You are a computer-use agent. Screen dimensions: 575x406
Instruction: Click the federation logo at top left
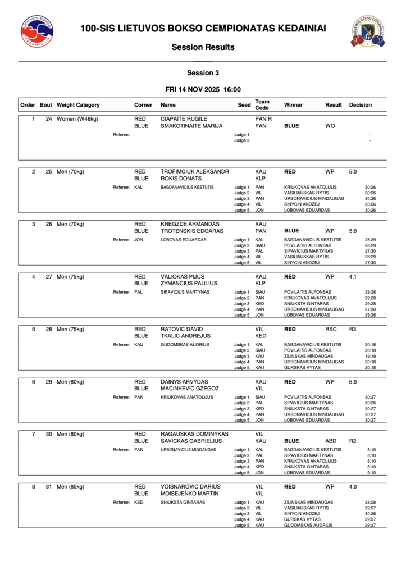(37, 31)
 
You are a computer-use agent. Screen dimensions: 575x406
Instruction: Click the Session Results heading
(203, 47)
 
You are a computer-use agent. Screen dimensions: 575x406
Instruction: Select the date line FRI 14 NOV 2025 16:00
(203, 89)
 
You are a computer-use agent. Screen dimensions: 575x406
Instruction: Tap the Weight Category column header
(78, 105)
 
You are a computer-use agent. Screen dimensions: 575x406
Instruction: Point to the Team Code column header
(262, 105)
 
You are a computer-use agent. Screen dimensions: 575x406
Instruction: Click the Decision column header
(360, 105)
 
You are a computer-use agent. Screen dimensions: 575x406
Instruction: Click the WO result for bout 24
(330, 126)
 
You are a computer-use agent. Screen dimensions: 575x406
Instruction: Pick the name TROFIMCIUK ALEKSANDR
(194, 171)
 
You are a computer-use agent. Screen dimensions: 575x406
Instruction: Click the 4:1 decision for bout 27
(353, 277)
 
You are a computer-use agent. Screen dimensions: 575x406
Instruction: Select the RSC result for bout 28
(331, 329)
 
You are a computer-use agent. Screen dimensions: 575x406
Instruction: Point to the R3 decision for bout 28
(353, 329)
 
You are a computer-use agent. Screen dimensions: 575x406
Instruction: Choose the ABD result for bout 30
(331, 441)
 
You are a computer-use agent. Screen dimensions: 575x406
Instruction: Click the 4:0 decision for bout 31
(353, 486)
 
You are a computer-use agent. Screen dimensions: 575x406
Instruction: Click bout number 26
(49, 224)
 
